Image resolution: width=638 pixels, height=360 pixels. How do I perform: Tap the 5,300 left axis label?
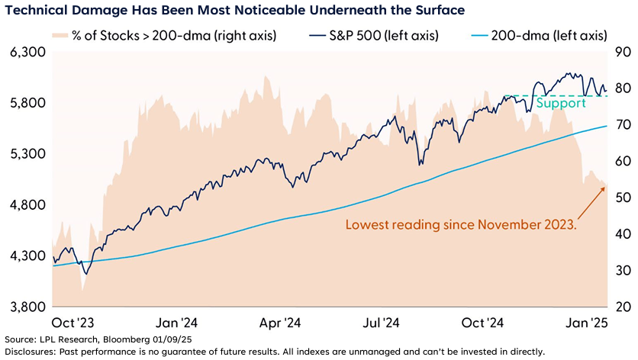click(x=27, y=154)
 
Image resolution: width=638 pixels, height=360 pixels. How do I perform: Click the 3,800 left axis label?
click(x=27, y=307)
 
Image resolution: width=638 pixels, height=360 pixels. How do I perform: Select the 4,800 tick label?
click(x=27, y=205)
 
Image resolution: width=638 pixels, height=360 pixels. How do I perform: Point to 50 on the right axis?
click(x=622, y=198)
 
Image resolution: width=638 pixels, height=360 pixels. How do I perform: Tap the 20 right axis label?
click(x=622, y=307)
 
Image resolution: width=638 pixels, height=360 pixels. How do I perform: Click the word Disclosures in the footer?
click(x=29, y=352)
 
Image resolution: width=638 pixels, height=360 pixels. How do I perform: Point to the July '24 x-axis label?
click(x=388, y=323)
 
